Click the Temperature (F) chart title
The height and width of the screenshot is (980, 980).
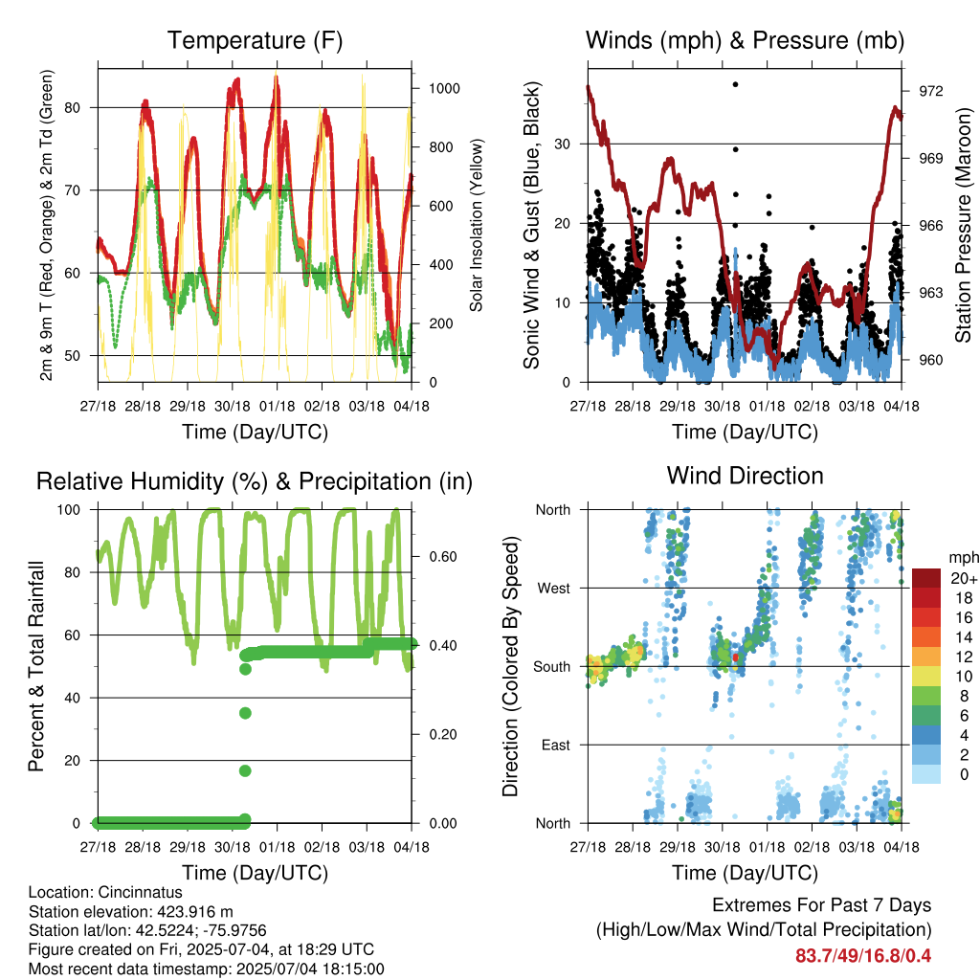255,40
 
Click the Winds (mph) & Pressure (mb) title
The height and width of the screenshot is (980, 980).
745,40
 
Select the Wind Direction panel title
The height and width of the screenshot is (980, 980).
745,476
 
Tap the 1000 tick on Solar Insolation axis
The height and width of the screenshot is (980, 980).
444,89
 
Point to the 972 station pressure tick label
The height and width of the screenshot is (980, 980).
930,91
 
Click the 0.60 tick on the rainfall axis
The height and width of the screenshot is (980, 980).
443,557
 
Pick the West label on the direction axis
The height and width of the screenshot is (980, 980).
554,589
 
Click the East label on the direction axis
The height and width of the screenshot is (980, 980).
556,745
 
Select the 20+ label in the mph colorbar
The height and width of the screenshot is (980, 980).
964,578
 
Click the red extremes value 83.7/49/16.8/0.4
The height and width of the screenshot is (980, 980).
863,956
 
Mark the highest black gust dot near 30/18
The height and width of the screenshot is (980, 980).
736,84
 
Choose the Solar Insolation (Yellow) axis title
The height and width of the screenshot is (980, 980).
477,225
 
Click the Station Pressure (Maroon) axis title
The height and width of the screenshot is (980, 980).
963,225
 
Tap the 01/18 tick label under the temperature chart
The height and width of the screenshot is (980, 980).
277,406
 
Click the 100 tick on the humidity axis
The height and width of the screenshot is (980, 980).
69,510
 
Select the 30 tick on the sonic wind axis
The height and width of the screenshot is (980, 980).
563,145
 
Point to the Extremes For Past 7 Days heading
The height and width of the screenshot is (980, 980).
821,905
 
